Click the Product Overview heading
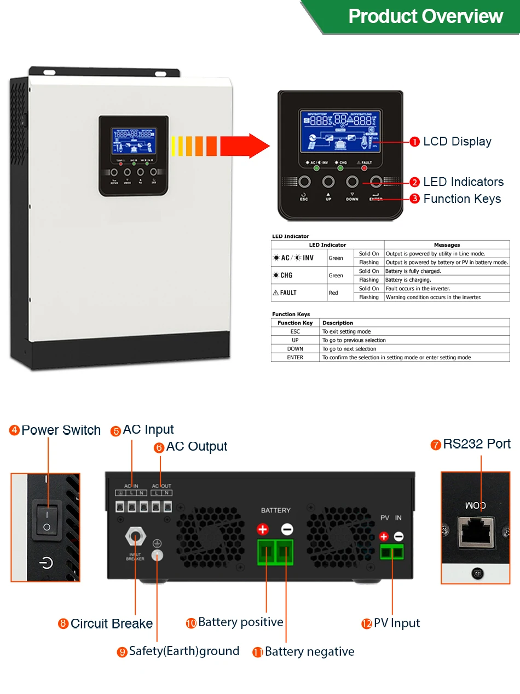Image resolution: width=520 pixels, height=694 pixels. click(x=425, y=16)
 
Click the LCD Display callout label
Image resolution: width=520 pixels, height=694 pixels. click(x=457, y=142)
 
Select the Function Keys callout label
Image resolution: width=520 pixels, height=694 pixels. click(x=462, y=199)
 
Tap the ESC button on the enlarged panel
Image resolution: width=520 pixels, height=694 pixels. click(x=304, y=182)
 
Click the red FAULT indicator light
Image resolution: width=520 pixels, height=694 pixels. click(x=364, y=168)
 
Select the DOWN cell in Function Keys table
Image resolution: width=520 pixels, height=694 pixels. click(x=295, y=349)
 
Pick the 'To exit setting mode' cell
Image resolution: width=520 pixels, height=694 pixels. click(x=346, y=331)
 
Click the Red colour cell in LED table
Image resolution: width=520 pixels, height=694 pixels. click(x=333, y=293)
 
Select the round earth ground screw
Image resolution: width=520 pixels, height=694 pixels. click(x=158, y=555)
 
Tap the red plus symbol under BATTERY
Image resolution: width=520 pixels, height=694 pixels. click(x=263, y=529)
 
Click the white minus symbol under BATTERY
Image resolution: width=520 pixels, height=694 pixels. click(x=287, y=529)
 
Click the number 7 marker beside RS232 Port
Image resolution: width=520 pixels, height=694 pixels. click(x=436, y=445)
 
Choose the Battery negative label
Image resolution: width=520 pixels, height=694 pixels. click(x=309, y=652)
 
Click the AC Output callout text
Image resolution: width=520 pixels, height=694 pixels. click(x=197, y=447)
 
